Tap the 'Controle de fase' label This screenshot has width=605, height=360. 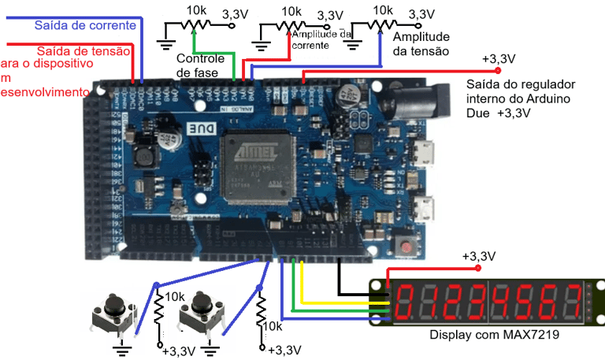(202, 66)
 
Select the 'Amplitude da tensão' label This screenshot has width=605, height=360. (421, 44)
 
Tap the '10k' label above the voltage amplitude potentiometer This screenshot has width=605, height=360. (383, 10)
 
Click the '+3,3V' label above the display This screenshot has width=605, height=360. (478, 256)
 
